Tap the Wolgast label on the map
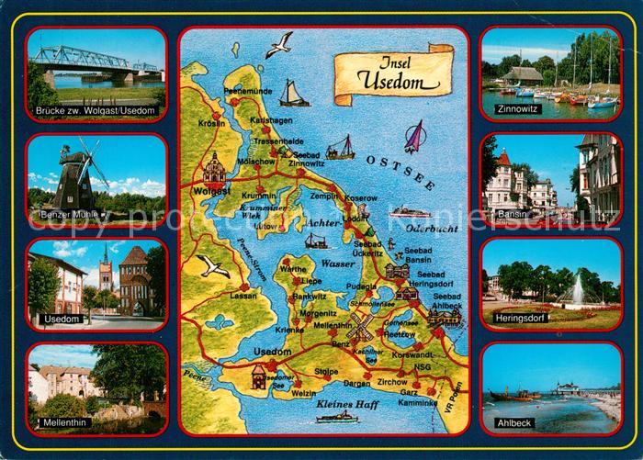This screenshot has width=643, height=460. [x=212, y=192]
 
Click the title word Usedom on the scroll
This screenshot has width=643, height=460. [x=392, y=80]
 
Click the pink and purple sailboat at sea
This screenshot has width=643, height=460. [x=415, y=136]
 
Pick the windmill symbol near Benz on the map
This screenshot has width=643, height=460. [x=359, y=326]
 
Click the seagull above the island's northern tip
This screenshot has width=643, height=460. [x=279, y=43]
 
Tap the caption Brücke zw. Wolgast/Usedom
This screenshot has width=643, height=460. [x=96, y=110]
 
